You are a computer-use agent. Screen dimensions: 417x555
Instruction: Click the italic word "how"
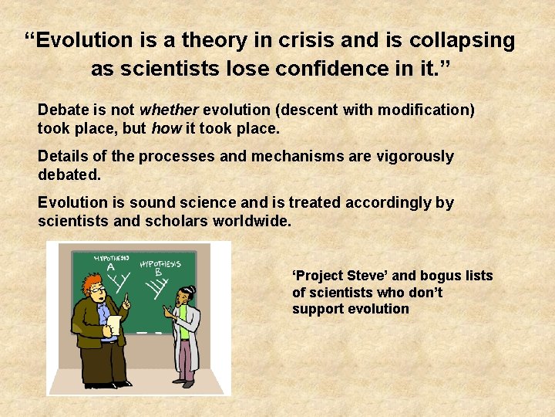click(166, 127)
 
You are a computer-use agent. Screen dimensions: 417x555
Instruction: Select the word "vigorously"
click(416, 156)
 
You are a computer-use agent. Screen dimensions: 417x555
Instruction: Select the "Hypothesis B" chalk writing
click(160, 266)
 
